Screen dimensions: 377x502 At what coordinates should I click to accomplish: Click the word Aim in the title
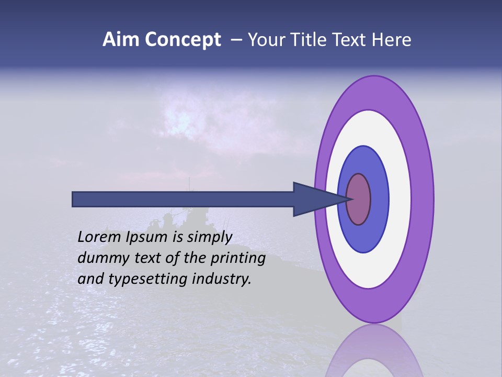[121, 40]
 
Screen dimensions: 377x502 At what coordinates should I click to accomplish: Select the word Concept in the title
[183, 40]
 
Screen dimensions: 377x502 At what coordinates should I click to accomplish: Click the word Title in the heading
[317, 40]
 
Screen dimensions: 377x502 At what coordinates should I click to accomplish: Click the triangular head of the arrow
[314, 199]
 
